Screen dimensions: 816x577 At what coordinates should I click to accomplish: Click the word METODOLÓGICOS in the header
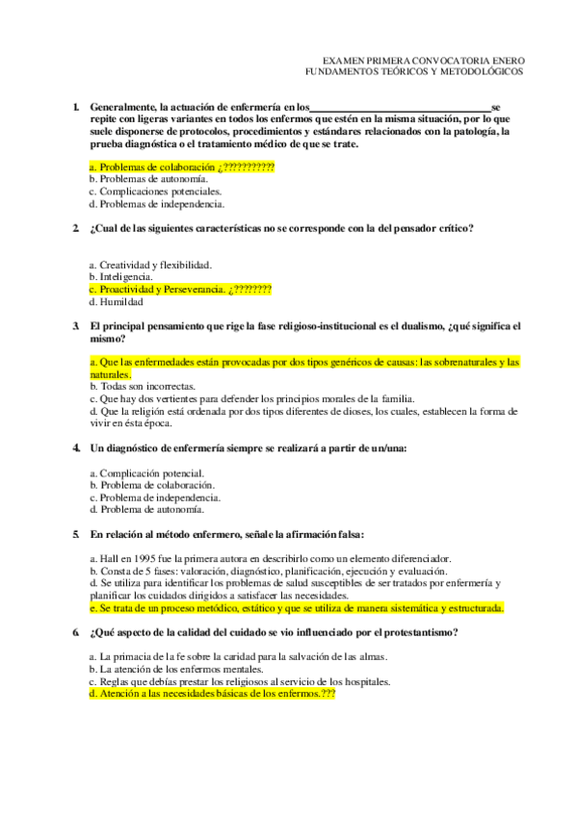[x=477, y=71]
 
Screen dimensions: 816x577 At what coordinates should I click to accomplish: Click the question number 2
[x=75, y=228]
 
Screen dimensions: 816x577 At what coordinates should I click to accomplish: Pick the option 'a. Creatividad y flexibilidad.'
[x=150, y=265]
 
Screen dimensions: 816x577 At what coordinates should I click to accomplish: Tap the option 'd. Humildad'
[x=116, y=301]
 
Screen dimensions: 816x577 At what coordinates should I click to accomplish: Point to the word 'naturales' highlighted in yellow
[x=109, y=373]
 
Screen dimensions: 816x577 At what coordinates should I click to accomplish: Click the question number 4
[x=75, y=448]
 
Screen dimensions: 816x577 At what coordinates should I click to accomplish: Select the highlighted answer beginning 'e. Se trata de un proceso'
[x=296, y=608]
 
